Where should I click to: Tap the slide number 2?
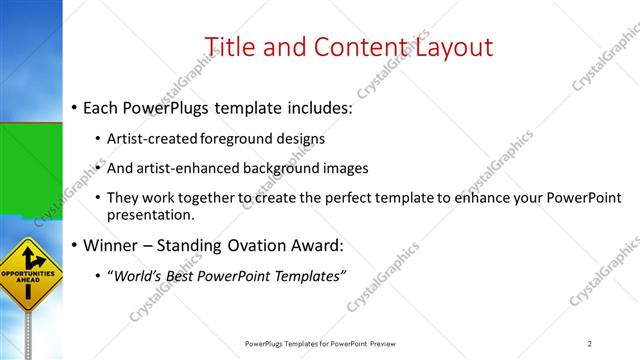590,344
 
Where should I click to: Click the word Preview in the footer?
389,344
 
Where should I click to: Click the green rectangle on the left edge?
31,170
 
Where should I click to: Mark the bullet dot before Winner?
73,246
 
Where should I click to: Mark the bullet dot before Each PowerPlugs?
73,108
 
